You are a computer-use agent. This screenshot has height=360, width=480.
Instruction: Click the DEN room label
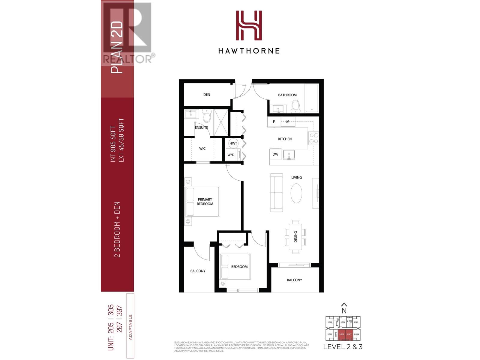207,94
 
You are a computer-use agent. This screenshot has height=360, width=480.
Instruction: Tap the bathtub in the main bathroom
312,98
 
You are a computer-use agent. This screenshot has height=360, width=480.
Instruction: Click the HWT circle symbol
233,143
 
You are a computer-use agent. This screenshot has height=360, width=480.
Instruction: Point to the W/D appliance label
231,155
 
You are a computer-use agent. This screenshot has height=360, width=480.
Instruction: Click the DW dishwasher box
275,154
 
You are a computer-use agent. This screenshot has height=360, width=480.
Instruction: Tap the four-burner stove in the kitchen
314,139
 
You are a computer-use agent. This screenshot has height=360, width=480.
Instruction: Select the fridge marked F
274,122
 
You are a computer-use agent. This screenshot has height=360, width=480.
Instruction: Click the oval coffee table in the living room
296,193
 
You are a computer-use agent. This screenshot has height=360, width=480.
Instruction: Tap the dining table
296,236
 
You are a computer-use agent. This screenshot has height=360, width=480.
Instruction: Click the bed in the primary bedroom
203,202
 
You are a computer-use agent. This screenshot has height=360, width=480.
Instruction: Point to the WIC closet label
202,148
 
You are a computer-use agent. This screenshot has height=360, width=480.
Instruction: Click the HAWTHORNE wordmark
249,51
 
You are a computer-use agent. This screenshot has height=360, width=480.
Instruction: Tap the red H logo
249,25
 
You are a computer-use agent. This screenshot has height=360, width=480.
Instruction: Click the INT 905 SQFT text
113,144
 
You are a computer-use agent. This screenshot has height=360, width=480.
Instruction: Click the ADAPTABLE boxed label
130,327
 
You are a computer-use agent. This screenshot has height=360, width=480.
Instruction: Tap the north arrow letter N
344,311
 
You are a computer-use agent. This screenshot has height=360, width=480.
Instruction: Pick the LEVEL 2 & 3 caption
343,347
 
